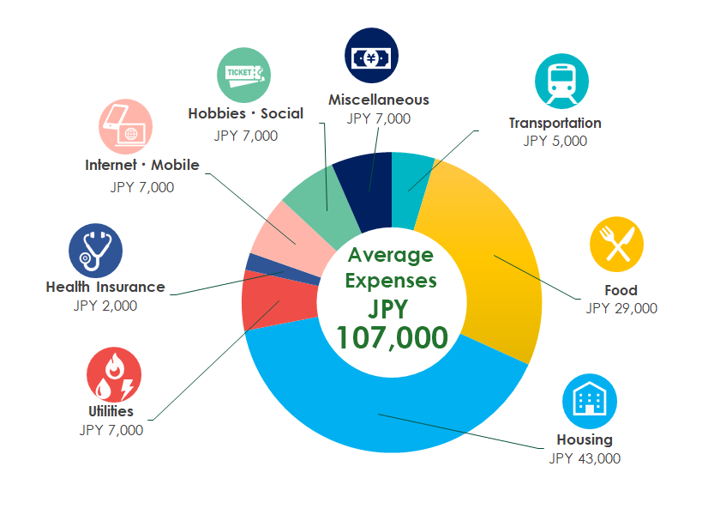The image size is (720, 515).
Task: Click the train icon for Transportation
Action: point(561,82)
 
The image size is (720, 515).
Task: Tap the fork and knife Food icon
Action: point(616,244)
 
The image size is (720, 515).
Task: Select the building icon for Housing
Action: point(589,401)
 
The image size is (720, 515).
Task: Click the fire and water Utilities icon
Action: point(113,375)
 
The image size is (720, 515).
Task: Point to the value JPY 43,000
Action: point(585,458)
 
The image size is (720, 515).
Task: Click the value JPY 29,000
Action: point(621,308)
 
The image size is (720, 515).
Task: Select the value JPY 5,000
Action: point(555,141)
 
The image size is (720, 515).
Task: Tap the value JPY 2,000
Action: point(105,306)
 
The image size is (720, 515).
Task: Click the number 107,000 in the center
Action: point(392,337)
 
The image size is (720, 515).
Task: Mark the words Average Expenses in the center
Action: point(392,268)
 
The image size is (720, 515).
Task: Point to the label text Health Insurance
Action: point(105,287)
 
